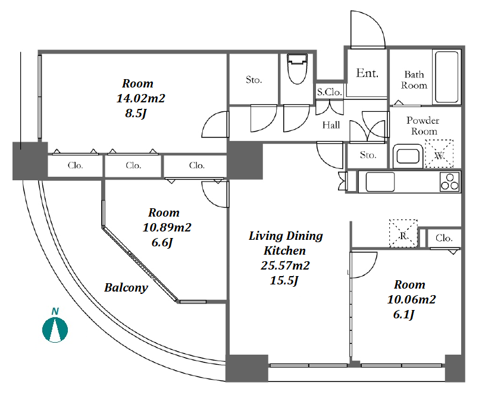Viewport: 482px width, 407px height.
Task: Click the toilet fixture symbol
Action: tap(298, 69)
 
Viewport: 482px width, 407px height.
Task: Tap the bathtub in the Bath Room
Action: tap(447, 77)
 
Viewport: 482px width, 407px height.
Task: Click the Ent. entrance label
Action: tap(367, 73)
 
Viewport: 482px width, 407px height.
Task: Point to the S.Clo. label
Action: tap(329, 92)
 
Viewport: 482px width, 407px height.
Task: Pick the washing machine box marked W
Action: tap(439, 154)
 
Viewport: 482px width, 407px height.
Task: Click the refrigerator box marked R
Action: tap(403, 233)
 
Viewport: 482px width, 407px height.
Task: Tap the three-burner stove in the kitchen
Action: tap(450, 182)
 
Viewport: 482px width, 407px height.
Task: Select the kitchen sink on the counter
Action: tap(380, 181)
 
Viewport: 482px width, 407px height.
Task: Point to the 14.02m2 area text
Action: tap(141, 98)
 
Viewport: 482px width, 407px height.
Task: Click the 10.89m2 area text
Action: tap(167, 227)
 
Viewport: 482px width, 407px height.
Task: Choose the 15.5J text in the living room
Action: tap(284, 281)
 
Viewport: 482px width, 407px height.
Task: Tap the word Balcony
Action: tap(126, 288)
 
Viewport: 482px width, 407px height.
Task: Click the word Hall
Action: tap(331, 125)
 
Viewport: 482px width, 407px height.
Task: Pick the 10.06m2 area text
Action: tap(412, 299)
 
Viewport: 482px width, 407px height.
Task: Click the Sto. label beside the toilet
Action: tap(254, 80)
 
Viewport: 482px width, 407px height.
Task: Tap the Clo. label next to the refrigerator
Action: tap(444, 238)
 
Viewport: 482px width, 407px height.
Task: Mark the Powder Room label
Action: tap(423, 126)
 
